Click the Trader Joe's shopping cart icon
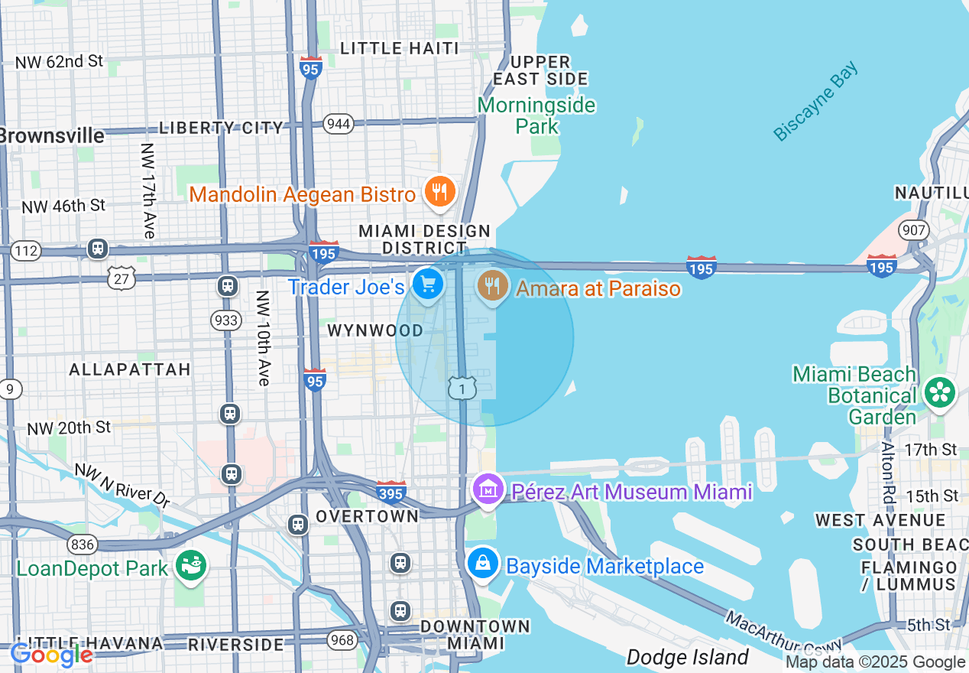(x=427, y=285)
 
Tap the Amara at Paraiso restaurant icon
(x=493, y=286)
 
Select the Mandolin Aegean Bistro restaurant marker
(x=439, y=193)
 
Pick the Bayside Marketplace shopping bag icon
(x=483, y=564)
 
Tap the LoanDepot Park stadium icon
(x=190, y=567)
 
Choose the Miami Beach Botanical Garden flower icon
(x=939, y=393)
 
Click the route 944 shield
(x=338, y=124)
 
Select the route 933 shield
(x=227, y=320)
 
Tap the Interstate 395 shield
(x=391, y=493)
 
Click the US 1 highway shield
(x=462, y=389)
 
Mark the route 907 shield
(x=914, y=229)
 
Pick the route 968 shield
(x=345, y=639)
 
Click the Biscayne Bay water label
(x=815, y=102)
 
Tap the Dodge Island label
(x=687, y=657)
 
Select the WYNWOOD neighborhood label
(x=375, y=330)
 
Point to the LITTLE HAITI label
(x=400, y=48)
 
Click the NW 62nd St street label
(x=59, y=61)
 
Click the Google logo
(x=51, y=655)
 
